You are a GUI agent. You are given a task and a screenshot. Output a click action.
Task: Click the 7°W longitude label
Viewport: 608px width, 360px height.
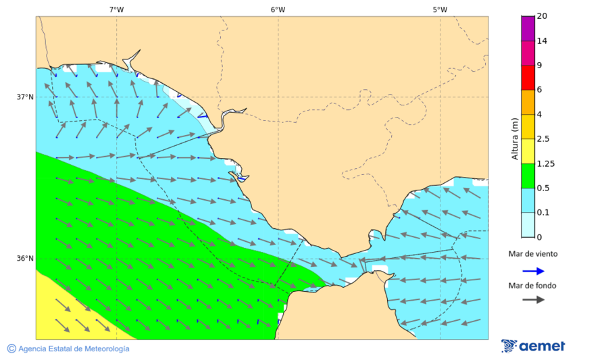[116, 9]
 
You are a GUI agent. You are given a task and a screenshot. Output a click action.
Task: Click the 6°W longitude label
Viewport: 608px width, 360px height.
[278, 9]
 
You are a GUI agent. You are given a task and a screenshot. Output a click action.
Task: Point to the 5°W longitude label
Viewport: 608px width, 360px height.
[440, 9]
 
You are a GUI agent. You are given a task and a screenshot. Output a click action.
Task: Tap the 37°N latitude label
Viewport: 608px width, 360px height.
[25, 97]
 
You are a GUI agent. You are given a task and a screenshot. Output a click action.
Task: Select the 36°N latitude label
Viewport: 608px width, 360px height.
[25, 259]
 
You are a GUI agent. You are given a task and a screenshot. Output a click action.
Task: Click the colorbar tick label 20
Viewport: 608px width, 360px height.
[542, 16]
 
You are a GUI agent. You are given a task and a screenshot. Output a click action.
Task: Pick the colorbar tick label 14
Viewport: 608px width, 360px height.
[542, 41]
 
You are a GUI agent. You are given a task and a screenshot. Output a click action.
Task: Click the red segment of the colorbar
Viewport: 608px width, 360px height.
[528, 77]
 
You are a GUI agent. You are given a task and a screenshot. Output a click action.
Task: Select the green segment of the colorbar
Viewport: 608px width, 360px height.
[528, 176]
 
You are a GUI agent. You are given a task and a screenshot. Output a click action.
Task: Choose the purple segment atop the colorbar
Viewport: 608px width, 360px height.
[528, 28]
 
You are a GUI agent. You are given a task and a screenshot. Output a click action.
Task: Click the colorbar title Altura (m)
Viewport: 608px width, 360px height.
[515, 139]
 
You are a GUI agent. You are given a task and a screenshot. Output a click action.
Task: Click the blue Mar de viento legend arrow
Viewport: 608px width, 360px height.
[533, 271]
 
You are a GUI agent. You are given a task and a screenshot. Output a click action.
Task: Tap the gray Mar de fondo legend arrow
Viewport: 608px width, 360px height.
[533, 299]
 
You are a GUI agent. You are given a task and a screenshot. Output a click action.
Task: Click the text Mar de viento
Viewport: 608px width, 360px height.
[533, 254]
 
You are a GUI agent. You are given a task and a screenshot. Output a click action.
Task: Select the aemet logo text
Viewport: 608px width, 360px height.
[542, 346]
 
